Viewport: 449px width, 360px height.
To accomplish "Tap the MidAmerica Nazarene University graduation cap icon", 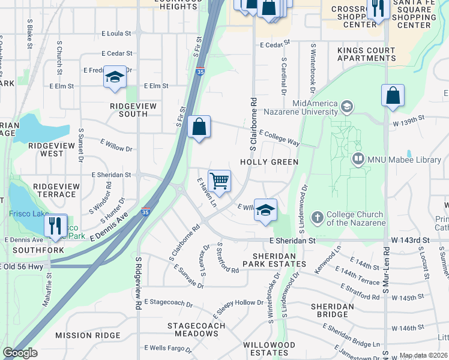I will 346,107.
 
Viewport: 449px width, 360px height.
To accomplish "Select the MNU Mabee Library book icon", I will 358,159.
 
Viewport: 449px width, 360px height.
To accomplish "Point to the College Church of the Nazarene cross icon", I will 318,217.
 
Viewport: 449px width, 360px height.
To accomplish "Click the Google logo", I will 19,353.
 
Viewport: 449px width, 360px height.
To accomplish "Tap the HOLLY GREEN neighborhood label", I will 269,162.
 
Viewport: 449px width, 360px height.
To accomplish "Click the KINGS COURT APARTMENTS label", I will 366,54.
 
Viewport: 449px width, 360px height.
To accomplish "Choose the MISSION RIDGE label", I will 87,335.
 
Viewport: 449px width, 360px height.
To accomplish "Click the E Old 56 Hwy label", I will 22,266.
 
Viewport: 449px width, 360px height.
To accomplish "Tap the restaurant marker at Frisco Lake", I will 55,225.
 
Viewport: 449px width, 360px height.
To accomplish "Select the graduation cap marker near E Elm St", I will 115,77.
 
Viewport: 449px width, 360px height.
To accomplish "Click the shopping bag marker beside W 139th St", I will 393,95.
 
